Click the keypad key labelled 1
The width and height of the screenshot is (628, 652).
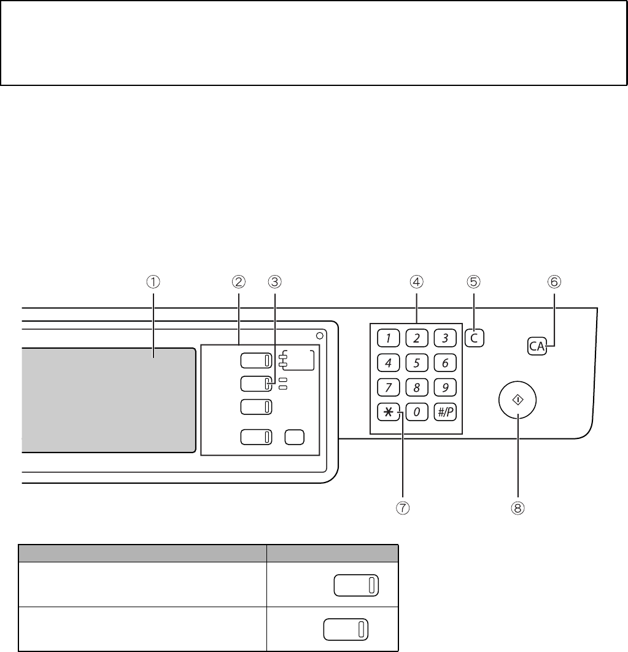coord(388,338)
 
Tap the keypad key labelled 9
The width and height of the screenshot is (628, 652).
coord(445,387)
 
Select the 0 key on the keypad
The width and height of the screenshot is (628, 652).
coord(417,413)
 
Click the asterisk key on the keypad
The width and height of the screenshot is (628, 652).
coord(388,413)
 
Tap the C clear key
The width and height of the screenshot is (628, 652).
coord(473,338)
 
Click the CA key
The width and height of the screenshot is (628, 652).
coord(537,346)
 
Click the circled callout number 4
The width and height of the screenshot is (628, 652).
coord(416,282)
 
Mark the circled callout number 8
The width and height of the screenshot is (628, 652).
coord(519,508)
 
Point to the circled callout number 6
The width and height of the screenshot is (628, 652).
coord(554,282)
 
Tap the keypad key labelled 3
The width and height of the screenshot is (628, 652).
coord(445,338)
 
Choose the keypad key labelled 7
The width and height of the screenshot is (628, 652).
coord(388,387)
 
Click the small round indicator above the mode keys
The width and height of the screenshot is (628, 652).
coord(320,336)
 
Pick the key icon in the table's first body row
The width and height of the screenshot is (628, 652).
coord(356,584)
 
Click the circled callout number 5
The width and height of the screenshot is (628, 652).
coord(473,282)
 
